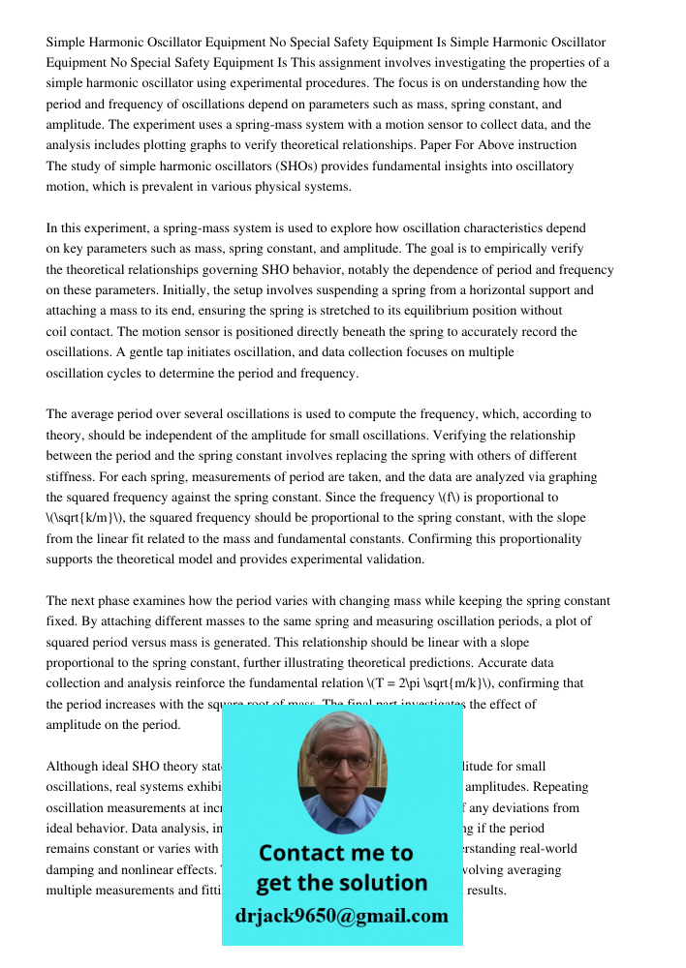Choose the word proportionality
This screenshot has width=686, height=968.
point(536,538)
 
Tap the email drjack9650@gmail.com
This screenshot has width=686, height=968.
point(341,916)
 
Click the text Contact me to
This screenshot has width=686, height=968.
point(335,853)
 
